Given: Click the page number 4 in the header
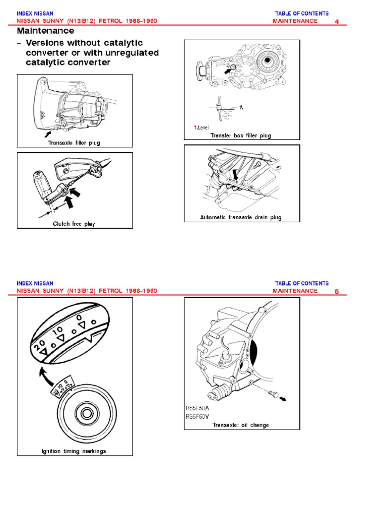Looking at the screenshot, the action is tap(337, 22).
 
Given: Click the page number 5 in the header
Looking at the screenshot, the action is tap(337, 292).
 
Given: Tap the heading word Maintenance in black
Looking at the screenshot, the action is tap(45, 31).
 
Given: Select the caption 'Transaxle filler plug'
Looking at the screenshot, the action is tap(74, 142).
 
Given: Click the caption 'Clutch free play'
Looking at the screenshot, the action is tap(74, 224).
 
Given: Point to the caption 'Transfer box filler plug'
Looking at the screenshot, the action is tap(241, 135).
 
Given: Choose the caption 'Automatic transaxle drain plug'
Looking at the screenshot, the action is tap(241, 217).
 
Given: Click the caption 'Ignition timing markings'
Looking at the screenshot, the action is tap(74, 451).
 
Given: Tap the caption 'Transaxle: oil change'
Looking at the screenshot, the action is tap(241, 425).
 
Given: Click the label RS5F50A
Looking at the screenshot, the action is tap(197, 408).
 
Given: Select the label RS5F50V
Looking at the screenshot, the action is tap(197, 417).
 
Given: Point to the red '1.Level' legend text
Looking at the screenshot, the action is tap(201, 127).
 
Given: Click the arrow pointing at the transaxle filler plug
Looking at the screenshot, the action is tap(48, 133).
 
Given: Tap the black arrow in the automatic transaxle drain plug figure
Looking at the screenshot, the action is tap(236, 175).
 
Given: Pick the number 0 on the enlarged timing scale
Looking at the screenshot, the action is tap(79, 317).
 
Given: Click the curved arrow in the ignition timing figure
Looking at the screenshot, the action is tap(45, 376).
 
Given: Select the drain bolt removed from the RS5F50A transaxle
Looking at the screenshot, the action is tap(274, 394).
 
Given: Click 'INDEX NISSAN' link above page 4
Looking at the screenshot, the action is tap(35, 13).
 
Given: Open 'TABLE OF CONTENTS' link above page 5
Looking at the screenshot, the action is tap(302, 283).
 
